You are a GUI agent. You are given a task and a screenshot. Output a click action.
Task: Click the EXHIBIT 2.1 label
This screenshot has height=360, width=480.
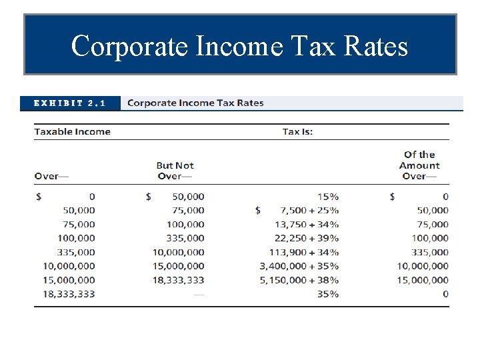pos(70,103)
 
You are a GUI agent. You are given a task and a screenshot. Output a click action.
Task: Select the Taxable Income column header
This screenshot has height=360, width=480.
pos(72,131)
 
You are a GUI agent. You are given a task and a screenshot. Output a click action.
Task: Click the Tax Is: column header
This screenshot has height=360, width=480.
pos(297,131)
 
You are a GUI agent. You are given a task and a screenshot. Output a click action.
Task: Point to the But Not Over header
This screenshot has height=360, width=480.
pos(175,171)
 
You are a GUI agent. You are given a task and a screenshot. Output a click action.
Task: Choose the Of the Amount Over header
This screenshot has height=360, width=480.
pos(419,165)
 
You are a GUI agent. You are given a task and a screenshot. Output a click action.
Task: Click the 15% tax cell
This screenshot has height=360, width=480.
pos(327,197)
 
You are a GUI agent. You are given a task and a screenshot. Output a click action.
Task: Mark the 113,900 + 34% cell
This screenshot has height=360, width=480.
pos(304,252)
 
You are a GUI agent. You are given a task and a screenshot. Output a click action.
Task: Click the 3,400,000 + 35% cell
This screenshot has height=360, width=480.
pos(299,266)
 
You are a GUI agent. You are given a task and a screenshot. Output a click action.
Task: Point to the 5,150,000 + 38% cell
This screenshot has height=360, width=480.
pos(299,280)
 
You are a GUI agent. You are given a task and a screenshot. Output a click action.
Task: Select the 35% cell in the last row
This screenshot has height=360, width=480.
pos(327,294)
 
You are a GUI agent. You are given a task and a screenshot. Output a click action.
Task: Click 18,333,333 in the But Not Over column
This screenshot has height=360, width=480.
pos(178,280)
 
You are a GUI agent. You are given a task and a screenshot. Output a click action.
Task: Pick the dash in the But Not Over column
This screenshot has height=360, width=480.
pos(199,294)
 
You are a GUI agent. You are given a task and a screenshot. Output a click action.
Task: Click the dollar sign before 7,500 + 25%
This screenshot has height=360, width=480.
pos(258,211)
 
